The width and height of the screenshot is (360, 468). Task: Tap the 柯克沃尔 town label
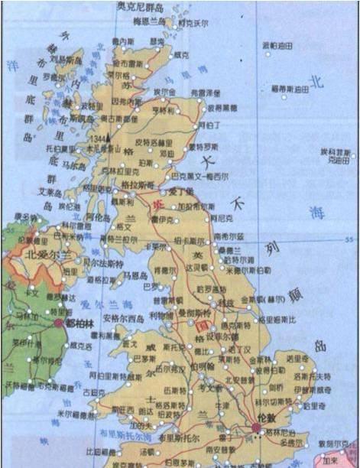point(193,24)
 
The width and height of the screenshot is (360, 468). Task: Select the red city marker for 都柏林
point(59,323)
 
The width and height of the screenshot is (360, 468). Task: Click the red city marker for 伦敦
point(255,427)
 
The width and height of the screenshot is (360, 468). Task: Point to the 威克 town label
point(181,55)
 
